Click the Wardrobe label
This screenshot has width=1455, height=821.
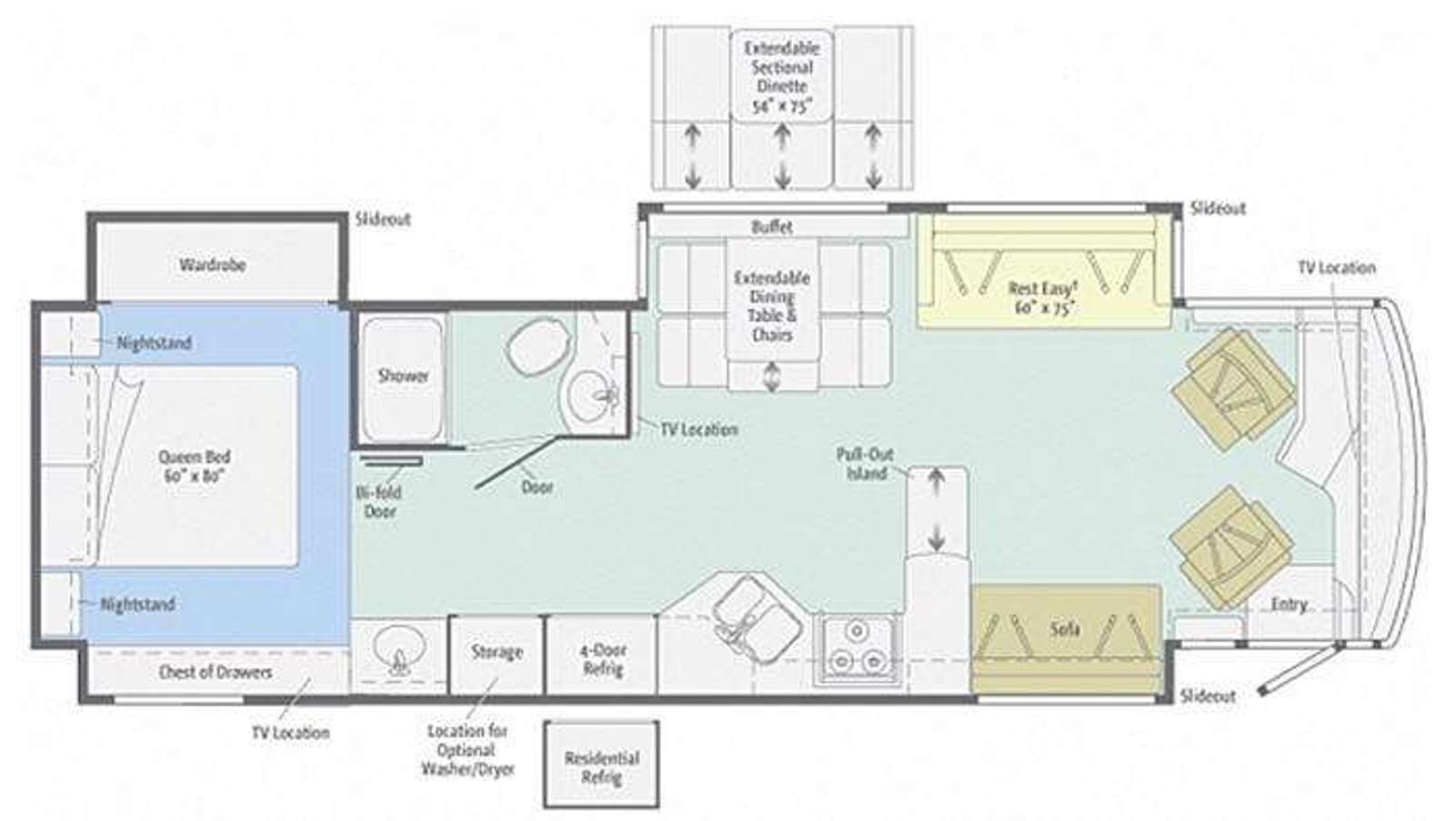click(213, 265)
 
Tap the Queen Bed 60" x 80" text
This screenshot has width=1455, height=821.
click(195, 466)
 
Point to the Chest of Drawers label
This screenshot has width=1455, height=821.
click(215, 672)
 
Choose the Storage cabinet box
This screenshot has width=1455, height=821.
click(497, 655)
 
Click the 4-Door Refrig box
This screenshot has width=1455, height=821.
click(602, 655)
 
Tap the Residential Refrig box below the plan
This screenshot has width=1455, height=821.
click(601, 765)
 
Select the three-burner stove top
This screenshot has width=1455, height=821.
click(858, 649)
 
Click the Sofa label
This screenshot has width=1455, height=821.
click(1065, 629)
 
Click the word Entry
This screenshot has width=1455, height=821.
click(1289, 605)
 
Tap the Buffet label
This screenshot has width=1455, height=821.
click(772, 226)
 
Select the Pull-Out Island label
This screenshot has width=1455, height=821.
click(866, 464)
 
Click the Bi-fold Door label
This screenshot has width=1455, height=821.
click(379, 502)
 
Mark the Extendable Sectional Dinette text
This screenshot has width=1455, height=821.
click(782, 76)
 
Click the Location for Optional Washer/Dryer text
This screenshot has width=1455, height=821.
click(467, 750)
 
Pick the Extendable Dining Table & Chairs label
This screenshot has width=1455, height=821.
click(772, 305)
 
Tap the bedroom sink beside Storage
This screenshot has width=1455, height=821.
click(396, 651)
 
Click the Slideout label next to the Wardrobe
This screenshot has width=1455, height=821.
click(383, 219)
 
